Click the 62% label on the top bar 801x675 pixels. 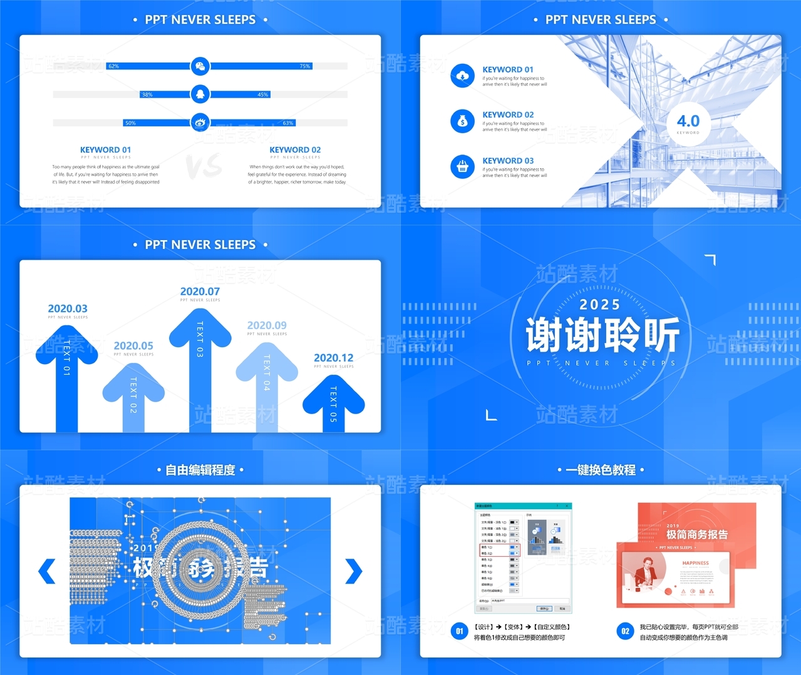pos(113,66)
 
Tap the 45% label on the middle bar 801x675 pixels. pos(263,94)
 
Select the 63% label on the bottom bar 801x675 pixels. pos(288,123)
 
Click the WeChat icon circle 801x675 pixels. pos(200,66)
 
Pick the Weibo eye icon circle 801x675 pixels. pos(200,123)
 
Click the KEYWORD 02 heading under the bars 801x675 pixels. pos(295,150)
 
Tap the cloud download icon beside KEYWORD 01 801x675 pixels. pos(463,76)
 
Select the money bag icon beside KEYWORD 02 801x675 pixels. pos(463,121)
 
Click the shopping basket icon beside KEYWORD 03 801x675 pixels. pos(463,167)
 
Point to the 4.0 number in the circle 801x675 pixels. pos(688,121)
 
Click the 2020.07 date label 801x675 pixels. pos(200,292)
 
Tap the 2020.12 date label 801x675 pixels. pos(333,358)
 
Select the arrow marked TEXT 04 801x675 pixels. pos(267,382)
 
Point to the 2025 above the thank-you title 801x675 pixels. pos(600,305)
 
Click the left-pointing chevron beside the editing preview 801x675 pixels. pos(47,571)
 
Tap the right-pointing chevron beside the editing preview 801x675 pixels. pos(354,571)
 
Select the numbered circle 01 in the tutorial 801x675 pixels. pos(460,631)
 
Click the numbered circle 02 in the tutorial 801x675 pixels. pos(625,631)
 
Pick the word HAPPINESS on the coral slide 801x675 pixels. pos(695,563)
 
